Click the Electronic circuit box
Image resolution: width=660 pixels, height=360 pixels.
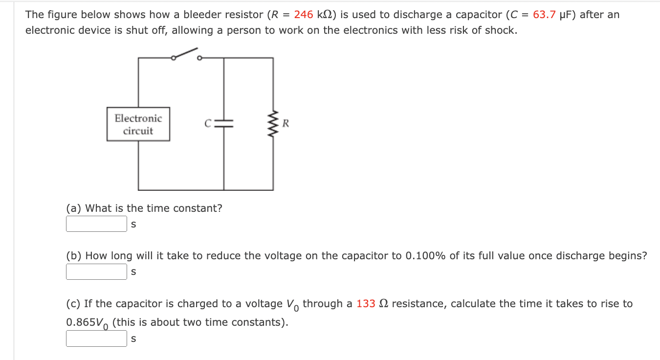point(138,124)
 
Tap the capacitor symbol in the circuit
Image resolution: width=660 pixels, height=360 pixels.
point(224,124)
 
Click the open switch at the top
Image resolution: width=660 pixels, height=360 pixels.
point(186,54)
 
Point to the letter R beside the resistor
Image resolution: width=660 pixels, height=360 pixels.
point(286,123)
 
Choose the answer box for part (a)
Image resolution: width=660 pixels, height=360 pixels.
point(96,224)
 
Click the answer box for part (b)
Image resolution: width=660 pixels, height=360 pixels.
point(96,272)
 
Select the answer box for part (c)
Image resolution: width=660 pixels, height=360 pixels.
point(96,338)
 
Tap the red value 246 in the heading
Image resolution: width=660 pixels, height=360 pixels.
point(303,15)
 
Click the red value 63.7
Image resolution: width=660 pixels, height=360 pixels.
point(544,15)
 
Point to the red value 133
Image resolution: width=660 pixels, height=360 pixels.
point(366,304)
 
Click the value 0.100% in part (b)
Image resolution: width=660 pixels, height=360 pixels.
point(426,256)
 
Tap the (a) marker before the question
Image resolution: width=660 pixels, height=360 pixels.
point(74,208)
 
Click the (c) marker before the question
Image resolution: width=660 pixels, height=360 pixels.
point(74,304)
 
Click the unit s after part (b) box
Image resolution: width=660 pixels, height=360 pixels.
point(133,272)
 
